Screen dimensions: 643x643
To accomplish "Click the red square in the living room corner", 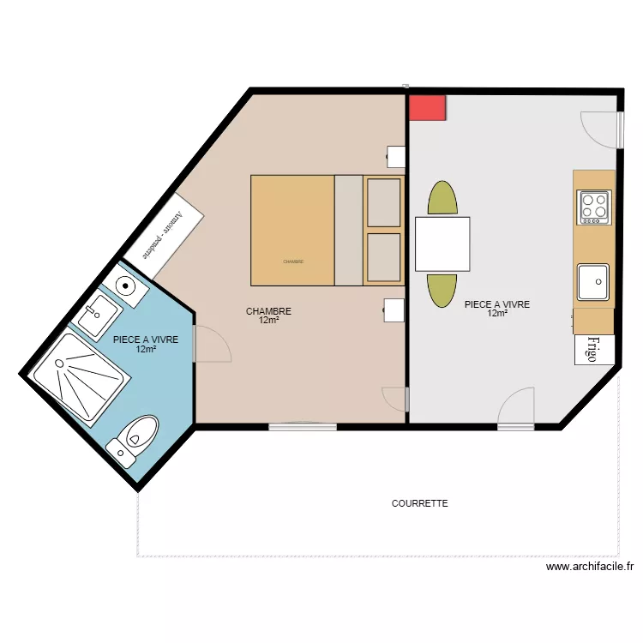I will pos(427,107).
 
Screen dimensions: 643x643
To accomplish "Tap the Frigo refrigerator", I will pos(592,349).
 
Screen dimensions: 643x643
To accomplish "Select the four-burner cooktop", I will pos(594,207).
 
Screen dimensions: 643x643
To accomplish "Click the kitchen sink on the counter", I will pos(593,282).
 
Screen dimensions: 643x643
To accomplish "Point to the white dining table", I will pos(442,243).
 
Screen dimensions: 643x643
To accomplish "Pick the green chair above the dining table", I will pos(442,198).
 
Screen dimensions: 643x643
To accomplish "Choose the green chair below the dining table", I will pos(442,290).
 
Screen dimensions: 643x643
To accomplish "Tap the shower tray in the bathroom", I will pos(78,378).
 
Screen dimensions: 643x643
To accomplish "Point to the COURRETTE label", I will pos(419,504).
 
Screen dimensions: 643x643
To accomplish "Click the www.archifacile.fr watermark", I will pos(589,567).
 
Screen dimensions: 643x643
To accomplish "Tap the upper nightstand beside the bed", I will pos(396,156).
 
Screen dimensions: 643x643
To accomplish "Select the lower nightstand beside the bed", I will pos(394,309).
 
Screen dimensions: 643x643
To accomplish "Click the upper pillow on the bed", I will pos(383,202).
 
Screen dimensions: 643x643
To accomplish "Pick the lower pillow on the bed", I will pos(383,258).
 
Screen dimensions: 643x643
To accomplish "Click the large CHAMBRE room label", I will pos(268,312).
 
